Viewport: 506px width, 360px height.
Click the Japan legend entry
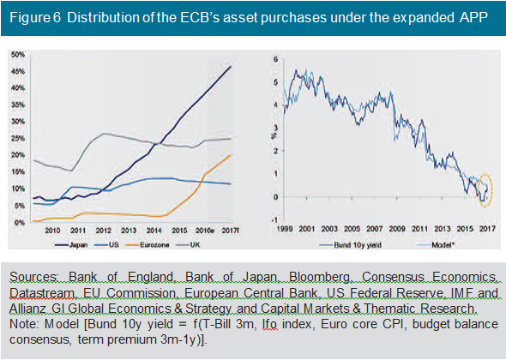[71, 245]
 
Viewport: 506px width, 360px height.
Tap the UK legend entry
[188, 245]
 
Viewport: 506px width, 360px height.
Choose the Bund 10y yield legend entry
[350, 245]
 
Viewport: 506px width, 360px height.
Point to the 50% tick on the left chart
[18, 55]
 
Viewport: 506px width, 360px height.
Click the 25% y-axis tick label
[18, 138]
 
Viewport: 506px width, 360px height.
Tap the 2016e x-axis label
[205, 231]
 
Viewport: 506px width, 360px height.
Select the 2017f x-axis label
[230, 231]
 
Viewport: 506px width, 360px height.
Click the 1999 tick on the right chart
[285, 229]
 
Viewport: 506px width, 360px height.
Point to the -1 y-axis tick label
[274, 220]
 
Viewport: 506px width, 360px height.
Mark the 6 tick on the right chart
[275, 59]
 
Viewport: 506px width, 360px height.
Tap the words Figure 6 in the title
[35, 17]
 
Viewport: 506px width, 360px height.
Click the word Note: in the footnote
[24, 323]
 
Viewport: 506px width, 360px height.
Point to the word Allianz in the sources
[27, 309]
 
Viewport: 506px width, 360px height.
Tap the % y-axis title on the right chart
[274, 135]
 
